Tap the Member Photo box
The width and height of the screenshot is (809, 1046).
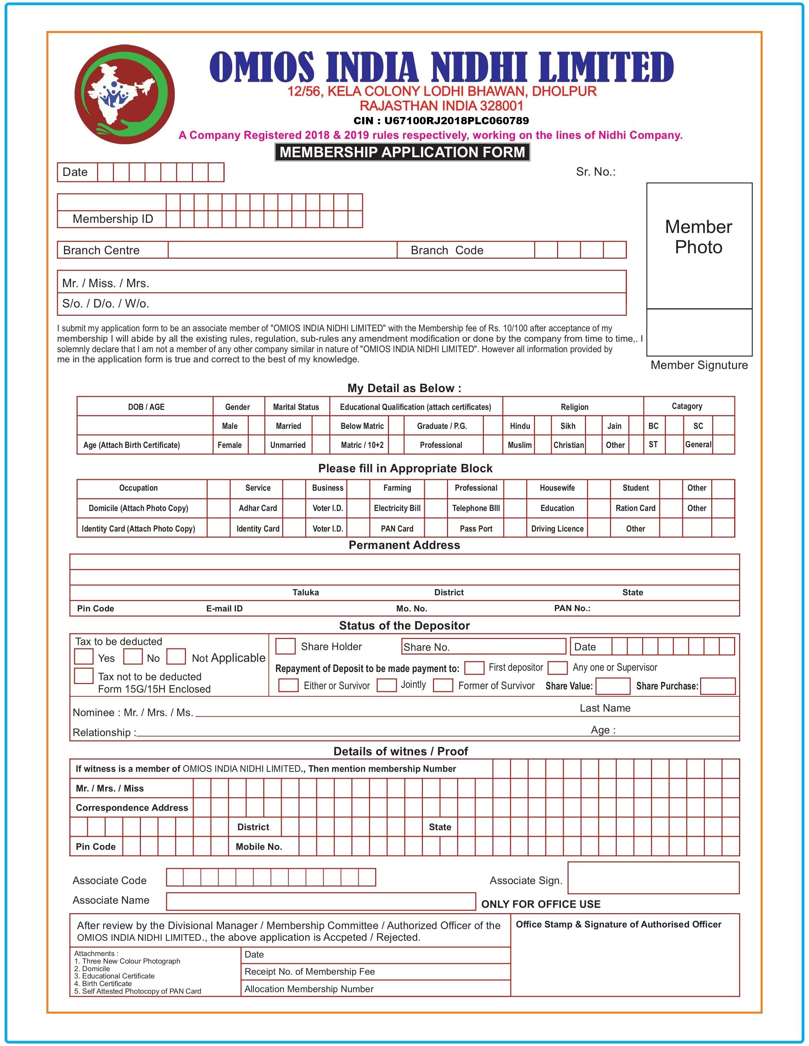(699, 246)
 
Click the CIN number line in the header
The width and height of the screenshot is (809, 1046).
(441, 121)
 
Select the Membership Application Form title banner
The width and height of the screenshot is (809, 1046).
(402, 152)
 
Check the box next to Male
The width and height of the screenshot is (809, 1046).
(256, 426)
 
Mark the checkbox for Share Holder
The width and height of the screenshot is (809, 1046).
(285, 646)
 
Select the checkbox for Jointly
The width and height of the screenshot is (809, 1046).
(386, 685)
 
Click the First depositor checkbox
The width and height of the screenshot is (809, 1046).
(474, 667)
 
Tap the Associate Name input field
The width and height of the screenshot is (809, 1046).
(321, 901)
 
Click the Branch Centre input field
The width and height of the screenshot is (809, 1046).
(282, 250)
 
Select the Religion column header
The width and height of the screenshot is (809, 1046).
(574, 407)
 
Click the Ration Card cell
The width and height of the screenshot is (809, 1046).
(635, 508)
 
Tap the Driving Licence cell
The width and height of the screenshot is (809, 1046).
(557, 529)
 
